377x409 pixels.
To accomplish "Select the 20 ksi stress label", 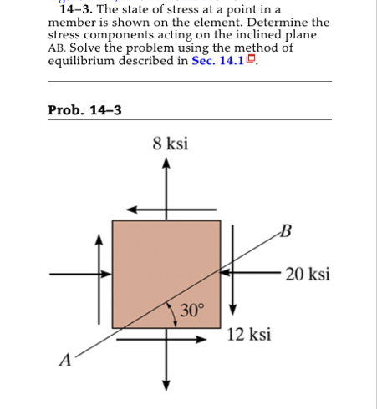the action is pyautogui.click(x=307, y=274).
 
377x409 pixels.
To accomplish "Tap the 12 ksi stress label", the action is pyautogui.click(x=249, y=335).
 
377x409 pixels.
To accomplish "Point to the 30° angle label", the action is pyautogui.click(x=191, y=311).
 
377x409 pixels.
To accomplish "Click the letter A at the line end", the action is pyautogui.click(x=64, y=360).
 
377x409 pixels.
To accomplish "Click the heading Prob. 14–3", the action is pyautogui.click(x=84, y=109).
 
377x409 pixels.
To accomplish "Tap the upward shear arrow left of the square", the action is pyautogui.click(x=101, y=243).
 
